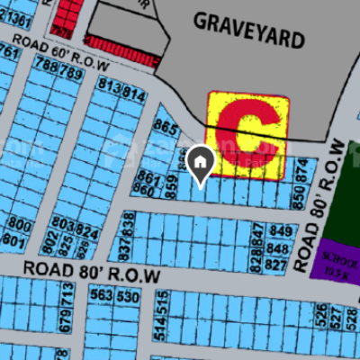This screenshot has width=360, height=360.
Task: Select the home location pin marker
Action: pos(201,165)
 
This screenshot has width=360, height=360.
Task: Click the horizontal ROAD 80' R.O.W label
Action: pos(91,269)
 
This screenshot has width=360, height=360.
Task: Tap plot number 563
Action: pos(102,296)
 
